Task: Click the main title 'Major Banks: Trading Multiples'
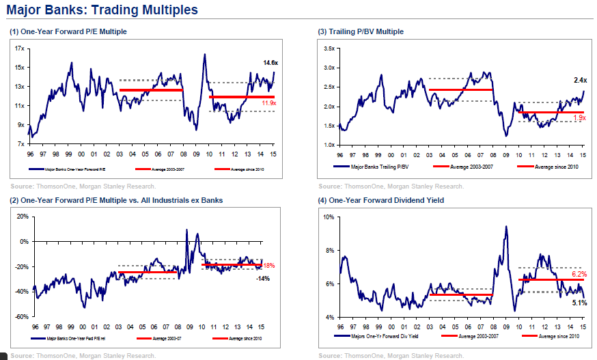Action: [x=102, y=10]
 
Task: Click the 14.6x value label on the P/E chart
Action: [x=270, y=63]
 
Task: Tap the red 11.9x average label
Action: [x=269, y=103]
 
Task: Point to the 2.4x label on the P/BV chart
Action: [x=580, y=80]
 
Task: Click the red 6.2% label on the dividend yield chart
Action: [x=579, y=274]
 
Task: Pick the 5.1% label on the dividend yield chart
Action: [x=579, y=302]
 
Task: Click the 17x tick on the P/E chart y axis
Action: [x=20, y=49]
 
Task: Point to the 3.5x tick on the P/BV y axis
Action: [x=328, y=49]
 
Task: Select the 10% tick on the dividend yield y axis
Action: [x=328, y=217]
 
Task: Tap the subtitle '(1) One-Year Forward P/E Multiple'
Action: [x=68, y=32]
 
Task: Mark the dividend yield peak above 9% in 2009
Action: [x=506, y=227]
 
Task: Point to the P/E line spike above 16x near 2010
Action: [x=204, y=55]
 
